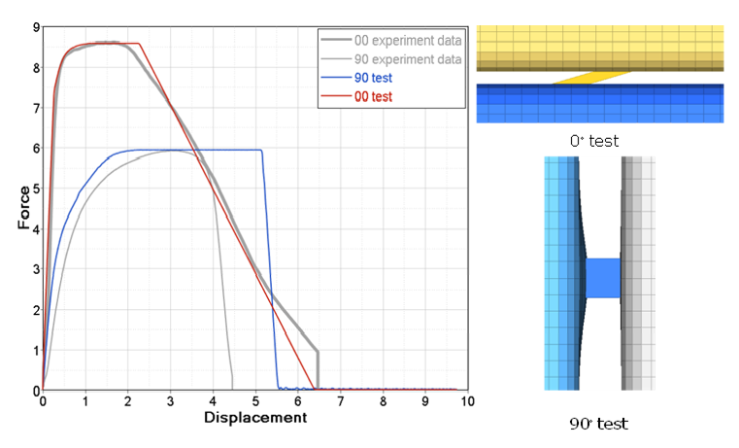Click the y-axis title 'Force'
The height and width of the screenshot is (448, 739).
click(23, 209)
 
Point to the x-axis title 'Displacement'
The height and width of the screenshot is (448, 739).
click(255, 418)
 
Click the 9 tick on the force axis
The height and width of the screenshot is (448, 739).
click(36, 27)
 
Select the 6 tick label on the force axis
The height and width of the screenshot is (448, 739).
click(36, 149)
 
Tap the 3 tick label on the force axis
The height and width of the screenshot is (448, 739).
click(36, 269)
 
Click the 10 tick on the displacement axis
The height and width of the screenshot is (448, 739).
click(467, 401)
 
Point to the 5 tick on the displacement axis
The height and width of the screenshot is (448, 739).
click(255, 401)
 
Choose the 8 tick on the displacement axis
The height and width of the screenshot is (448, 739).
click(383, 401)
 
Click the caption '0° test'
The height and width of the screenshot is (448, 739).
click(594, 141)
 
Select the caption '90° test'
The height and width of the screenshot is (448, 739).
click(600, 424)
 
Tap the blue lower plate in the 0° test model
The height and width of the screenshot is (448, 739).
click(599, 103)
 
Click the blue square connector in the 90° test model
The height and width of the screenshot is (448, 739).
click(603, 277)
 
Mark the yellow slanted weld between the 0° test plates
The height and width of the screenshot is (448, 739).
click(592, 77)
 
